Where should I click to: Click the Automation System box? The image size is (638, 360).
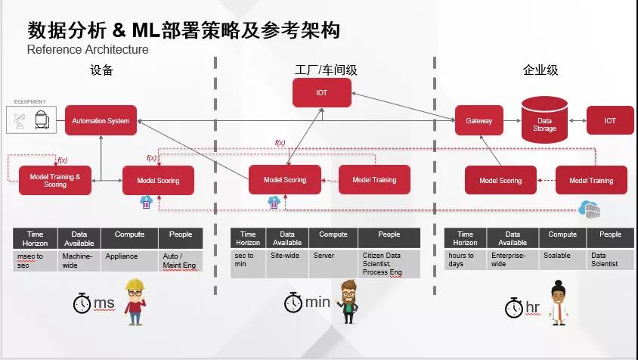101,120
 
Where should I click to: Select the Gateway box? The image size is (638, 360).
478,121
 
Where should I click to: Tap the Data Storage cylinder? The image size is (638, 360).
544,120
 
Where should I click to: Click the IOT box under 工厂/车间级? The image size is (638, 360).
321,93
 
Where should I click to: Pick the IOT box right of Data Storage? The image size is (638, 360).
610,120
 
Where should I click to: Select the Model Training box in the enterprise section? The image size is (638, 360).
590,181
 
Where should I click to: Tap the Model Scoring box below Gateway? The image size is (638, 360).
500,181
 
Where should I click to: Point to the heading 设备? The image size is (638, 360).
101,70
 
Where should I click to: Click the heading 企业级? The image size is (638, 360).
540,70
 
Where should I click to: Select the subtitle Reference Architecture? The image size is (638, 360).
88,50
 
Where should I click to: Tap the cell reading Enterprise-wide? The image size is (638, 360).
512,259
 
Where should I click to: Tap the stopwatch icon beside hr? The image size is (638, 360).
514,308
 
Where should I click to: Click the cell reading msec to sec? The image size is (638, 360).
36,260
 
